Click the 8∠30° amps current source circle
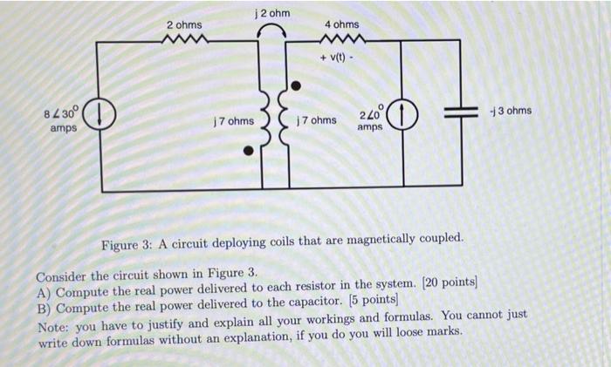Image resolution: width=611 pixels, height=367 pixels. [100, 113]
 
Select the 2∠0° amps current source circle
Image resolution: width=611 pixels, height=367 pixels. [402, 113]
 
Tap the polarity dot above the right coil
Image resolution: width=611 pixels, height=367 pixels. [296, 86]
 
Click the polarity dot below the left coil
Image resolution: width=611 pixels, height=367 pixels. [249, 150]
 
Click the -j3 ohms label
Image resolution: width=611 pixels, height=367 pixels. [511, 111]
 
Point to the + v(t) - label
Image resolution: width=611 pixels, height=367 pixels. [339, 58]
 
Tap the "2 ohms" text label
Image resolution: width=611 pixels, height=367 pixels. [184, 25]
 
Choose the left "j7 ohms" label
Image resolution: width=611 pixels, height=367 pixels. [231, 121]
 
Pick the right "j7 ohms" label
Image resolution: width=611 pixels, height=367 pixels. [316, 119]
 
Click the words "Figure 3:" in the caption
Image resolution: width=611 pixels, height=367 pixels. [126, 239]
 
